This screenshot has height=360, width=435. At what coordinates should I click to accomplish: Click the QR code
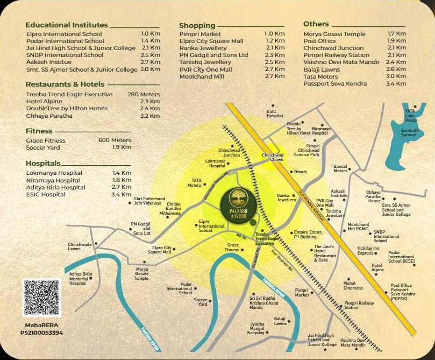(x=42, y=298)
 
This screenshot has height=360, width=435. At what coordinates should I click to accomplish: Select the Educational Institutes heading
(x=67, y=25)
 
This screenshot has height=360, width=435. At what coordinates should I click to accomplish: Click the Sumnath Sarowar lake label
(x=409, y=132)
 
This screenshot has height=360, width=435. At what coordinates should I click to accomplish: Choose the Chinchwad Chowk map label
(x=273, y=157)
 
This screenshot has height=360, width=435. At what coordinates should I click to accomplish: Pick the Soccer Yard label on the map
(x=200, y=302)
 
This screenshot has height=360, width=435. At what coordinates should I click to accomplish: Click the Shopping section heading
(x=197, y=25)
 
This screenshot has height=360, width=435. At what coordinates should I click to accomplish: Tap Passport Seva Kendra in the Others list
(x=335, y=83)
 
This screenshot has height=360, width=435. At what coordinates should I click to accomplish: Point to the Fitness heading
(x=39, y=131)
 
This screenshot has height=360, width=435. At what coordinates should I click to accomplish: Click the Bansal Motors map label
(x=340, y=168)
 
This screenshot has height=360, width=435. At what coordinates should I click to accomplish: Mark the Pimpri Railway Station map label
(x=359, y=305)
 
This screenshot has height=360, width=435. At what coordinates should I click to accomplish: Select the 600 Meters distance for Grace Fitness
(x=115, y=140)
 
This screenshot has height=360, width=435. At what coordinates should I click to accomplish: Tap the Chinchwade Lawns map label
(x=80, y=247)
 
